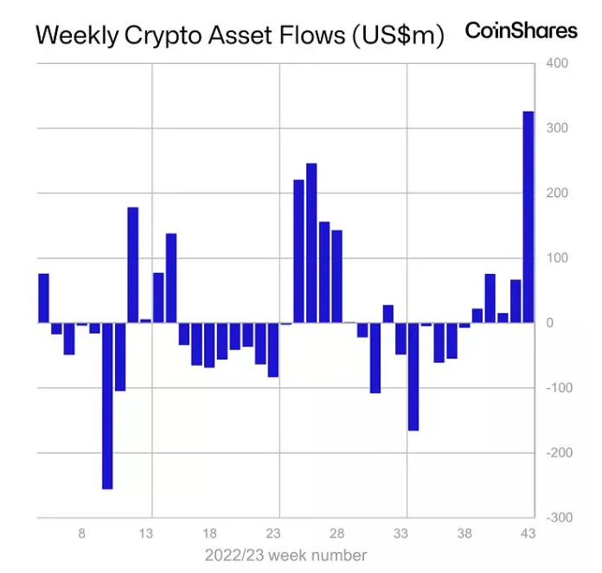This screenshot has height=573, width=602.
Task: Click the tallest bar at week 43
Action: (528, 217)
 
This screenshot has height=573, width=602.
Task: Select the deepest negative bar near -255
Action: (107, 405)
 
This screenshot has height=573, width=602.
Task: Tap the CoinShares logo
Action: (521, 30)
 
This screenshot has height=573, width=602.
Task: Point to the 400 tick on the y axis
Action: (557, 64)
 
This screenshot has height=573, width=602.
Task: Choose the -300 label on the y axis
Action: (557, 517)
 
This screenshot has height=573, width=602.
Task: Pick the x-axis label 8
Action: (82, 533)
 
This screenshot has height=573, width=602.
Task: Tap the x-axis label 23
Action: (273, 533)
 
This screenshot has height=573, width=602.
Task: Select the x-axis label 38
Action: (464, 533)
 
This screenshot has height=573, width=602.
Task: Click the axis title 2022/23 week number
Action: (285, 555)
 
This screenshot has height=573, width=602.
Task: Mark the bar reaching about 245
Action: (311, 243)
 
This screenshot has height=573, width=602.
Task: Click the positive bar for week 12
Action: (132, 264)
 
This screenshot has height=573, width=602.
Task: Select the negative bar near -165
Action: (413, 376)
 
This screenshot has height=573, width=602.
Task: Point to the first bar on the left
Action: (43, 298)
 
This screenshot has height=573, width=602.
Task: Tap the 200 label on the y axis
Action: (557, 193)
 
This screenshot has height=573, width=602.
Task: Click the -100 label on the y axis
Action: (555, 387)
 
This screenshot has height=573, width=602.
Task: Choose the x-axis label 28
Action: (337, 533)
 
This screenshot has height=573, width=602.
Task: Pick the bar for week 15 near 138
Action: (171, 277)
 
